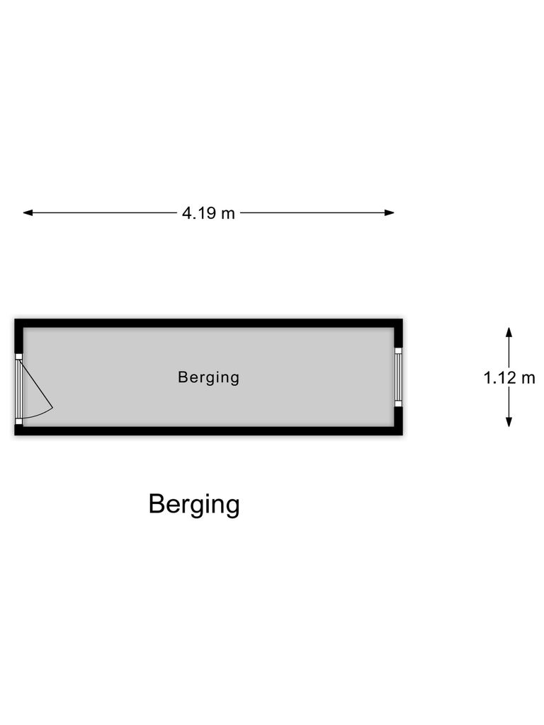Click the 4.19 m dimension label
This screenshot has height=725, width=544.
click(208, 213)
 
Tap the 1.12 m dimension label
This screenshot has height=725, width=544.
click(509, 378)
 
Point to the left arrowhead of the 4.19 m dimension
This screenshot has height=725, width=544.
click(28, 212)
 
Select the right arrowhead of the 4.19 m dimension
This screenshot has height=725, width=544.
click(389, 212)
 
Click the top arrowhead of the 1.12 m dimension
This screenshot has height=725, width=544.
click(509, 333)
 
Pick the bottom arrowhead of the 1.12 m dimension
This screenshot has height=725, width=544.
click(509, 422)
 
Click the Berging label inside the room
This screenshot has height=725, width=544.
click(209, 378)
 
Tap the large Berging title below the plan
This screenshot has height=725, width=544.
click(194, 504)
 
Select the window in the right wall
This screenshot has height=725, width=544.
click(398, 377)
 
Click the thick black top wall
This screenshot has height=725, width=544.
click(209, 323)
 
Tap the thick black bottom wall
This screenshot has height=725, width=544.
click(209, 431)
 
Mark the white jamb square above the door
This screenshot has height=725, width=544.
click(18, 357)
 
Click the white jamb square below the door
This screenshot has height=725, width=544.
click(18, 421)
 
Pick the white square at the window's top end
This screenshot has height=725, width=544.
click(398, 350)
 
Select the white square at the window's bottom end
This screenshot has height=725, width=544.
click(398, 404)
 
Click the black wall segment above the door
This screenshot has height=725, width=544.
click(18, 341)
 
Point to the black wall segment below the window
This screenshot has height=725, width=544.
click(398, 416)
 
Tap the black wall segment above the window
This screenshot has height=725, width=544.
click(398, 338)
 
